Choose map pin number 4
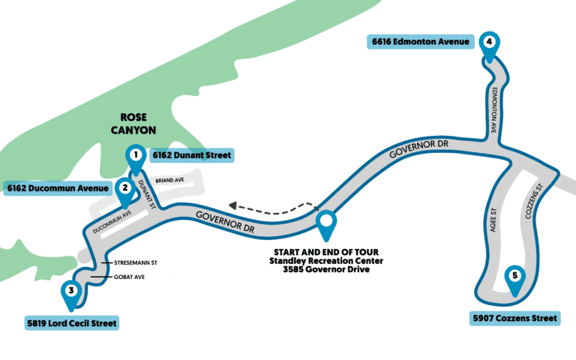489,43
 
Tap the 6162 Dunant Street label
191,155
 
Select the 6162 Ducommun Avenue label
58,187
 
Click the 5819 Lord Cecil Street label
70,323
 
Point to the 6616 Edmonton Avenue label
421,42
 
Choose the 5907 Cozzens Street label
515,319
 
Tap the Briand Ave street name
170,181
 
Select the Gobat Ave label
127,278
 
